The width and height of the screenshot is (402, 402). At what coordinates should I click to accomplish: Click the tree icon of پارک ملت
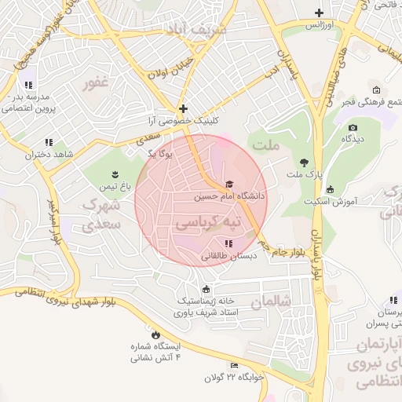click(x=302, y=164)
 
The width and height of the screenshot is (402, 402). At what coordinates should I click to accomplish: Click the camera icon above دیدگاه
click(x=353, y=127)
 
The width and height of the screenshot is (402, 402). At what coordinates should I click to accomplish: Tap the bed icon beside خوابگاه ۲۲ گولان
click(x=234, y=366)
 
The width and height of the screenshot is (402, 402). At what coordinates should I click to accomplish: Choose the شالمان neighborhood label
click(x=272, y=301)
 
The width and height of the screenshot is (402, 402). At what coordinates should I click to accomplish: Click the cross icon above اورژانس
click(x=319, y=13)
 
